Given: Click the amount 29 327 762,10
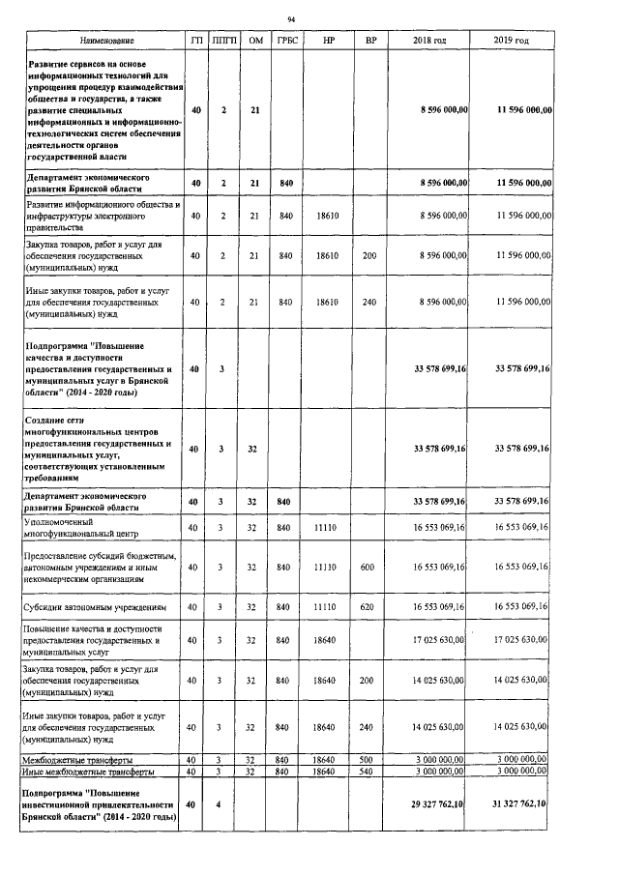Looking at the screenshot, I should click(434, 804).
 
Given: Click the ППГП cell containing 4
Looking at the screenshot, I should click(223, 804).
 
